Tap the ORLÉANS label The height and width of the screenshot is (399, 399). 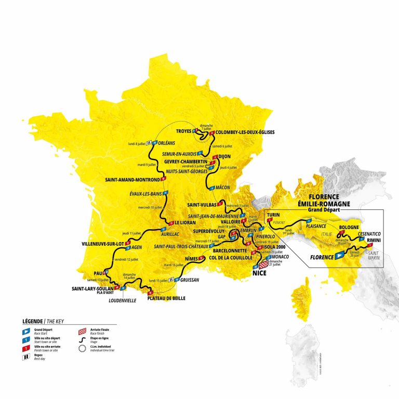[x=166, y=142]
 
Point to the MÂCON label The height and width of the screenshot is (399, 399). [x=222, y=188]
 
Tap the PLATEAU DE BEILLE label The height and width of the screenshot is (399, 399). [x=166, y=298]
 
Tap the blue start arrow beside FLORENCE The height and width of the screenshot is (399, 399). [x=340, y=256]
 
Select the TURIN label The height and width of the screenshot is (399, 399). [x=274, y=214]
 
